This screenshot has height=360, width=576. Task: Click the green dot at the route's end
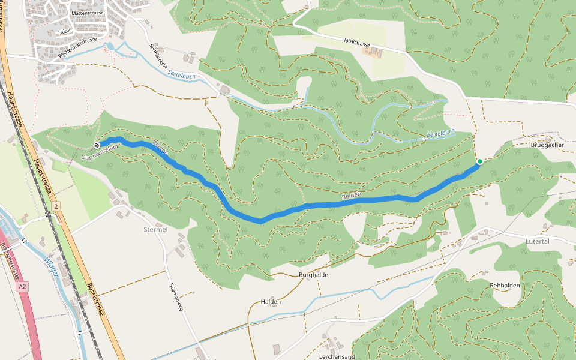click(480, 161)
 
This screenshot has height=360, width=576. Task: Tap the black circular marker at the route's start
click(97, 145)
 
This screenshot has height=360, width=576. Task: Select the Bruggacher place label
click(547, 145)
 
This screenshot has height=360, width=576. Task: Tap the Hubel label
click(64, 31)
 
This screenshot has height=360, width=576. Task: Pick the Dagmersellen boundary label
click(100, 155)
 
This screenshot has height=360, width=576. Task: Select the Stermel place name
click(155, 229)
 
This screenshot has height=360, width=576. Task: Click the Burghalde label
click(314, 274)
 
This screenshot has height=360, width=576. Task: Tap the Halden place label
click(271, 302)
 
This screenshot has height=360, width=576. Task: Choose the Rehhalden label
click(505, 286)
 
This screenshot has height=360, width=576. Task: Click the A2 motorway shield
click(22, 287)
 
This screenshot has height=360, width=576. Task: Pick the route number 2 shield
click(56, 206)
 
